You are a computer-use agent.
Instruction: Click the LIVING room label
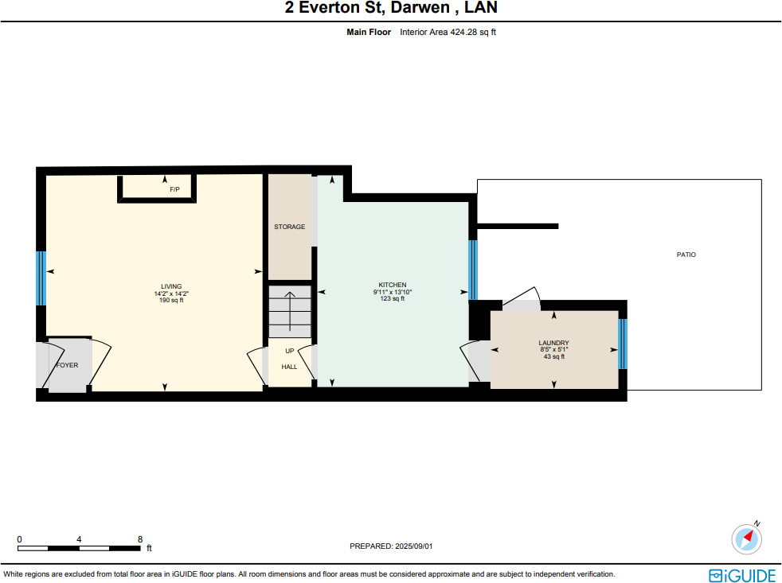pos(171,286)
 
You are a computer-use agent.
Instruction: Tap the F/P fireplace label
pos(174,190)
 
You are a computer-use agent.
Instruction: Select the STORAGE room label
pos(289,227)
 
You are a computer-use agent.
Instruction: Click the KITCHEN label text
pos(392,285)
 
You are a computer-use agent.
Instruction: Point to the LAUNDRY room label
pos(553,343)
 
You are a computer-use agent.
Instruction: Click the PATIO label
pos(686,255)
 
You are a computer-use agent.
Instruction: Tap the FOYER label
pos(67,365)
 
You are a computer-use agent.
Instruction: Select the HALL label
pos(289,367)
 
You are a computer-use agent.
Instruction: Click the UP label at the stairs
pos(289,351)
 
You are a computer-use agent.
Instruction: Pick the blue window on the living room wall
pos(41,278)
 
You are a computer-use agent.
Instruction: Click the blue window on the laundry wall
pos(623,344)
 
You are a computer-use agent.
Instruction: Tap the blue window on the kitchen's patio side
pos(473,270)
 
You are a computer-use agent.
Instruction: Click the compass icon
pos(746,538)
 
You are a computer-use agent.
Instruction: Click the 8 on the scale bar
pos(140,539)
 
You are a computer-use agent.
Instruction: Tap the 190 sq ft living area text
pos(171,300)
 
